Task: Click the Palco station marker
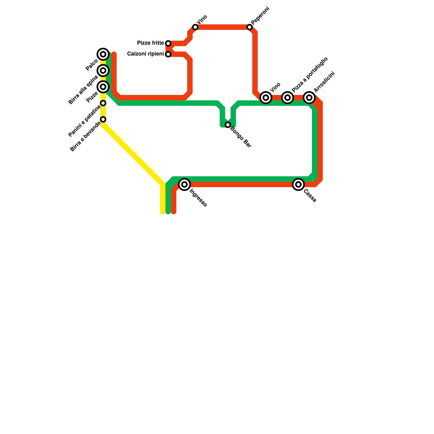pyautogui.click(x=103, y=54)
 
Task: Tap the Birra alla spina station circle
pyautogui.click(x=103, y=71)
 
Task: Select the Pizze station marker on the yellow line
pyautogui.click(x=103, y=87)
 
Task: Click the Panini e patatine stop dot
pyautogui.click(x=103, y=103)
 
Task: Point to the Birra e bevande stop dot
pyautogui.click(x=103, y=119)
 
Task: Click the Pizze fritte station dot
pyautogui.click(x=168, y=43)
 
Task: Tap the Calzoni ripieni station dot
pyautogui.click(x=168, y=54)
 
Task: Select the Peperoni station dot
pyautogui.click(x=250, y=27)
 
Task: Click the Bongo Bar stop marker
pyautogui.click(x=228, y=125)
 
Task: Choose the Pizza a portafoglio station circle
pyautogui.click(x=288, y=98)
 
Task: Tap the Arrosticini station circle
pyautogui.click(x=309, y=98)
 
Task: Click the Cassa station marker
pyautogui.click(x=298, y=184)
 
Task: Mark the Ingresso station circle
pyautogui.click(x=184, y=184)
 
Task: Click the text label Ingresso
pyautogui.click(x=198, y=198)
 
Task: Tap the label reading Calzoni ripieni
pyautogui.click(x=145, y=54)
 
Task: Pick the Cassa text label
pyautogui.click(x=310, y=196)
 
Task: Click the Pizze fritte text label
pyautogui.click(x=150, y=43)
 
